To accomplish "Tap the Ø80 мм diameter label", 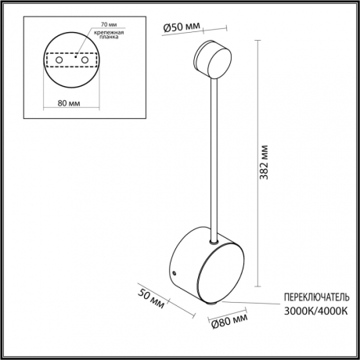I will [230, 320].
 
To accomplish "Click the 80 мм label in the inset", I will [73, 101].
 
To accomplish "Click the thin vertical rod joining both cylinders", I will [215, 157].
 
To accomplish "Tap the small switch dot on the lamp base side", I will [175, 272].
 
